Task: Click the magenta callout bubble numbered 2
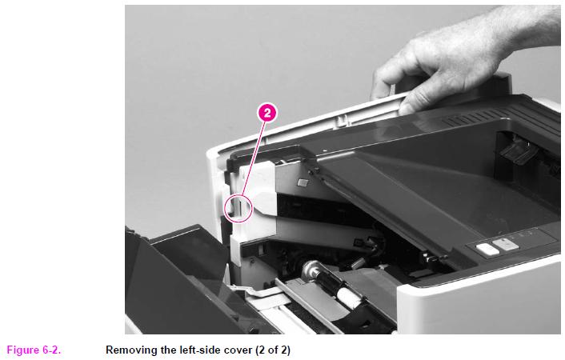point(267,113)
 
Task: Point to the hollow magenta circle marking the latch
point(225,209)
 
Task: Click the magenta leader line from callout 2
point(253,158)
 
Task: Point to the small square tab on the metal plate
point(303,182)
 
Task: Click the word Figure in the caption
point(23,350)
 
